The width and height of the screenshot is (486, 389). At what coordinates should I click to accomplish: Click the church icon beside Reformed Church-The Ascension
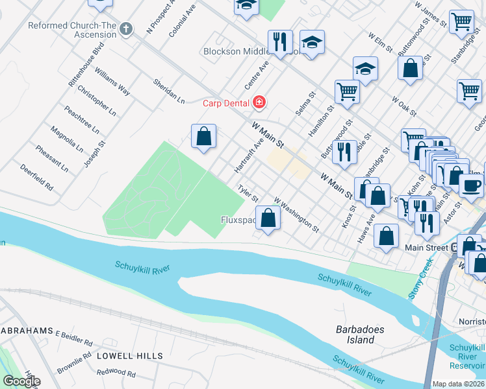point(126,29)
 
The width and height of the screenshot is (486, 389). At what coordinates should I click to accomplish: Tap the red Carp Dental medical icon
point(259,102)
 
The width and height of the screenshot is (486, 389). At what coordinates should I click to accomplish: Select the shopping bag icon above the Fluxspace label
point(268,218)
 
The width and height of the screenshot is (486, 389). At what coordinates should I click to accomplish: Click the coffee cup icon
point(470,185)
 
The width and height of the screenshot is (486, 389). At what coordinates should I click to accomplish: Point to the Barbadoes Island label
point(360,335)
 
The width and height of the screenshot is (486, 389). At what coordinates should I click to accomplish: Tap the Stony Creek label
point(420,280)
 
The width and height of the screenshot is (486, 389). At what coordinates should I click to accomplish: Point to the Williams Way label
point(112,82)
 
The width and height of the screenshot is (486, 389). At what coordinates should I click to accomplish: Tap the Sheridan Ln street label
point(169,91)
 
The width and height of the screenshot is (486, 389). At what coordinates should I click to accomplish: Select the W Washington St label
point(297,215)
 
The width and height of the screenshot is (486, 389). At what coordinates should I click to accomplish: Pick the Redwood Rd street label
point(116,373)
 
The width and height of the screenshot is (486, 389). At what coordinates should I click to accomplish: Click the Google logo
point(21,381)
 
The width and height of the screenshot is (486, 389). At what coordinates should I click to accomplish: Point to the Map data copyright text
point(458,384)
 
